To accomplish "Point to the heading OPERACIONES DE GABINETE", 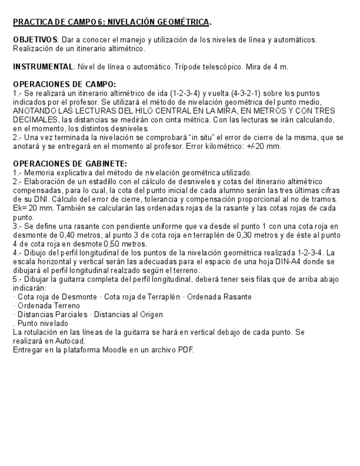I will tap(70, 164).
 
